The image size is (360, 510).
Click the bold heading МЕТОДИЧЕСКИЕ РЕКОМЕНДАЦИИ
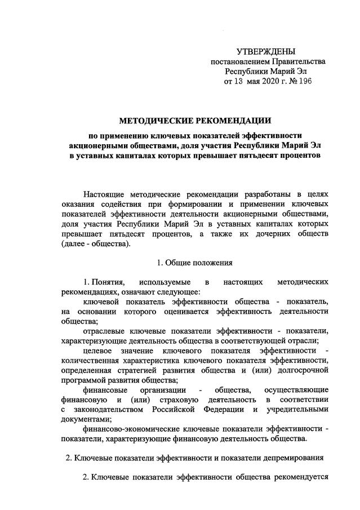tap(194, 120)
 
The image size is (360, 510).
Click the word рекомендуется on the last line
tap(301, 478)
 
